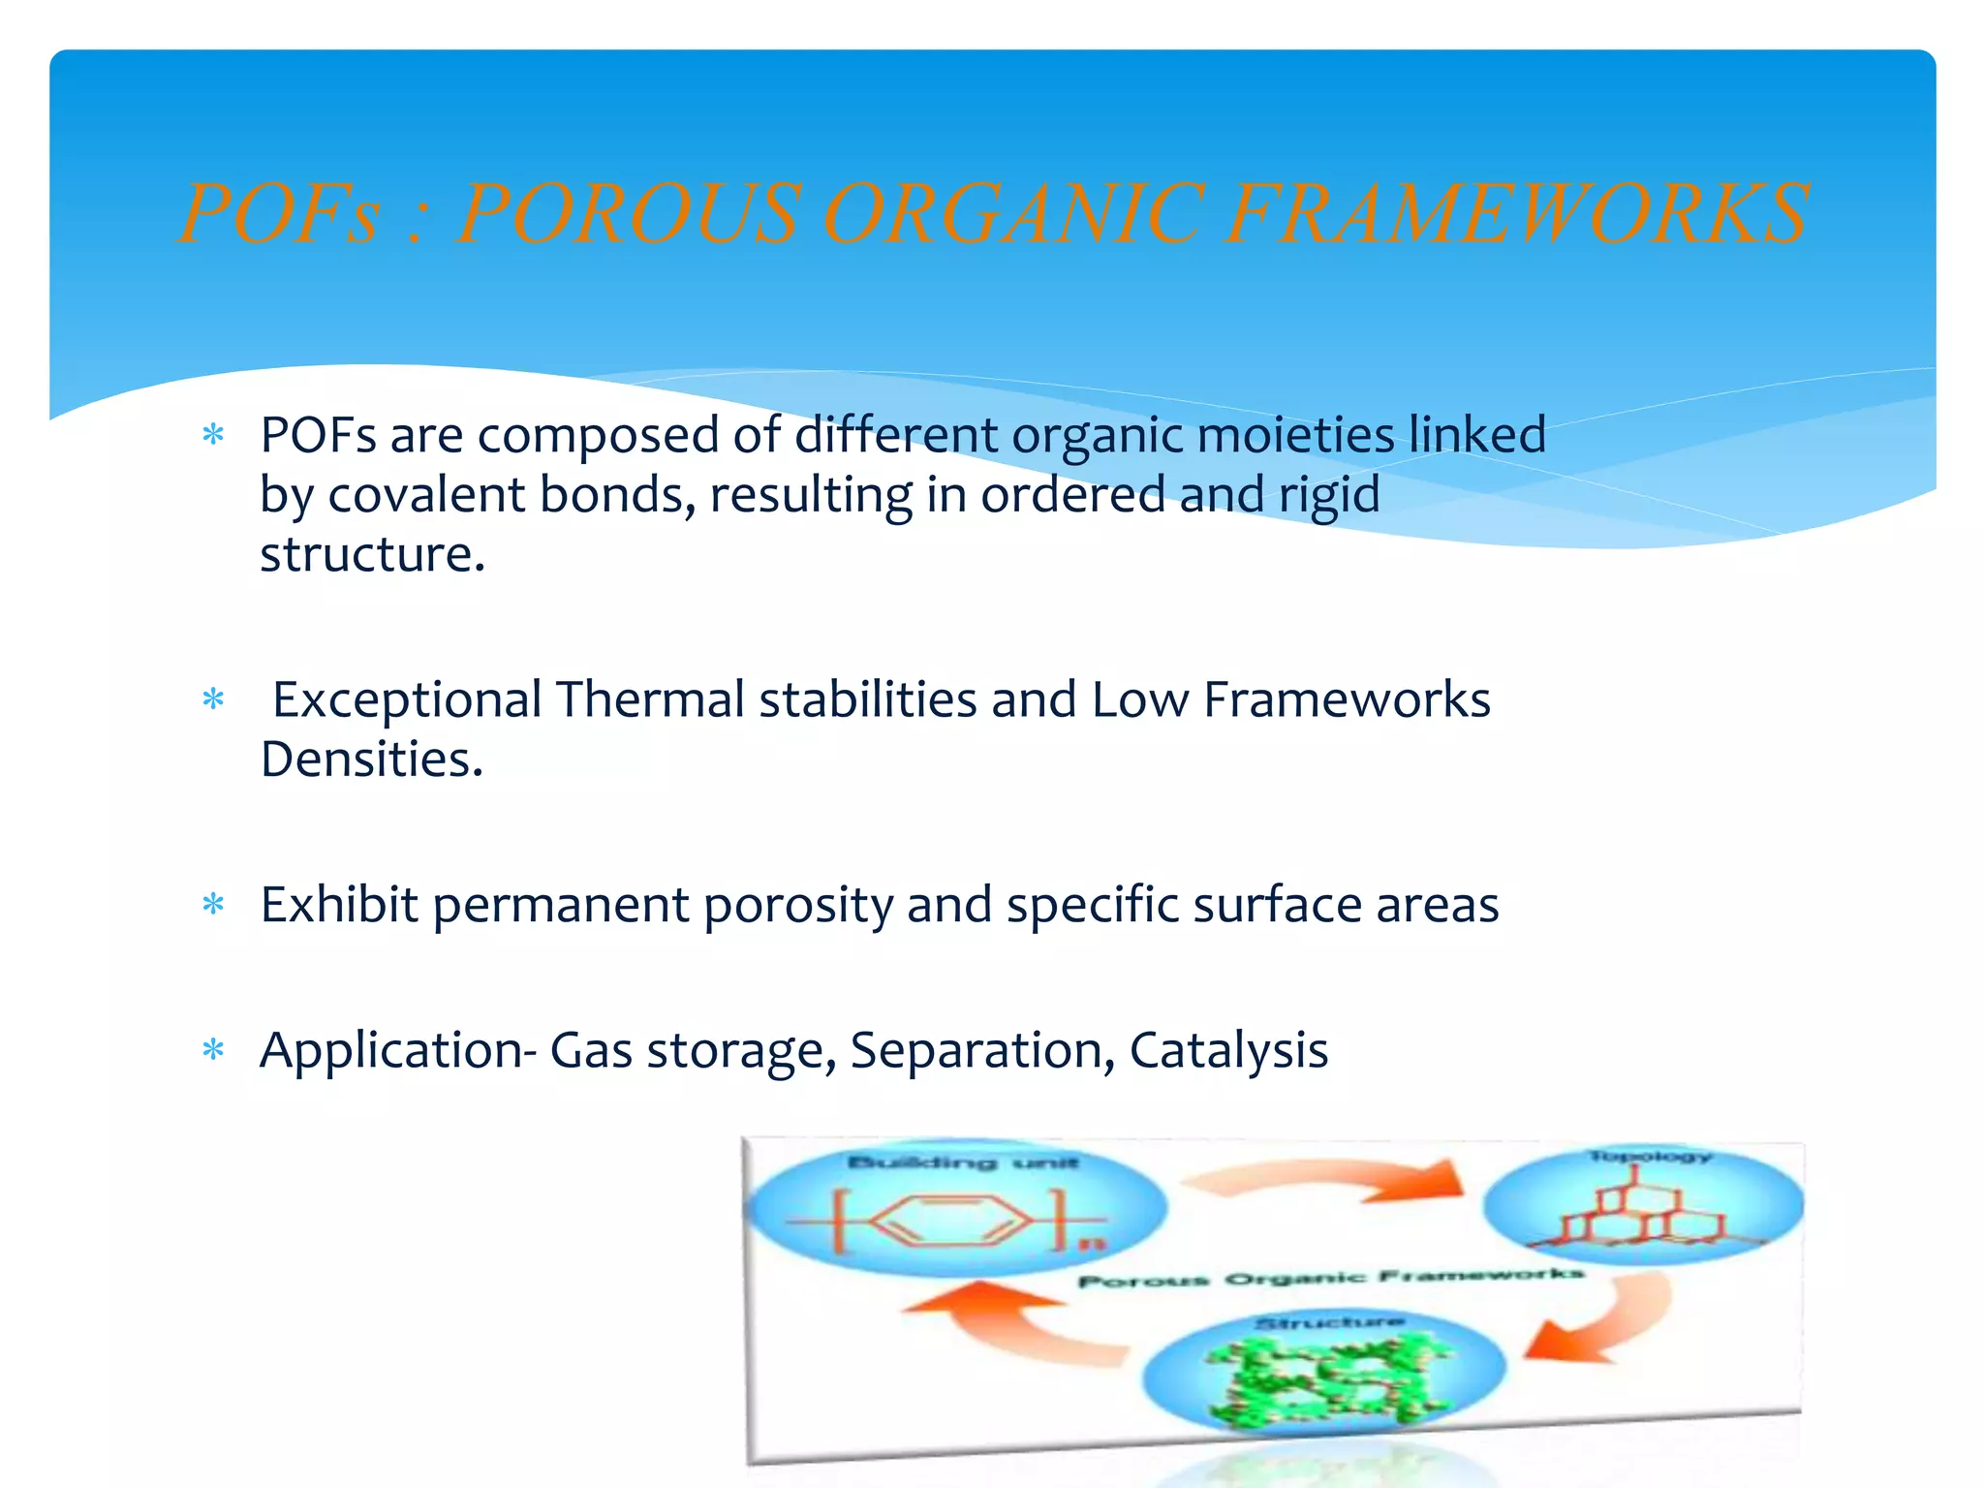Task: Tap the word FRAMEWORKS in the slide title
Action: click(1516, 214)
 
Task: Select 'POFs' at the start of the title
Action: click(281, 214)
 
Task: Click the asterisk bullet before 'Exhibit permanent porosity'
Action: click(213, 906)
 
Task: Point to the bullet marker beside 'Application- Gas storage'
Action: click(213, 1051)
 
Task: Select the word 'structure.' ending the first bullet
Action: click(372, 555)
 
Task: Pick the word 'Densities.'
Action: click(372, 759)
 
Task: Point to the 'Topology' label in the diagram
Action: click(1649, 1157)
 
